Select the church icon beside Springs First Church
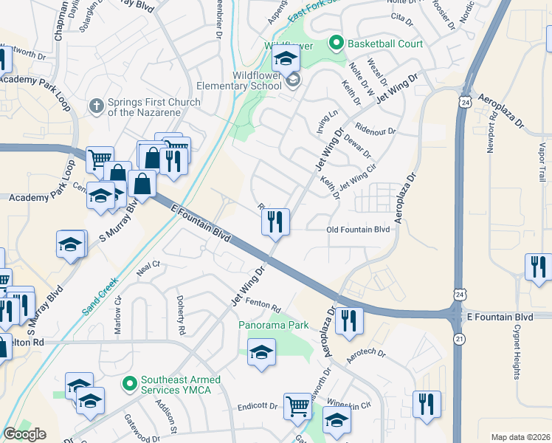point(95,106)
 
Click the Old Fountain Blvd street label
point(358,230)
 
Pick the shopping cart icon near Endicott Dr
point(297,405)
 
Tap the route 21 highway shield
point(459,338)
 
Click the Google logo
point(25,434)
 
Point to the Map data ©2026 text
point(520,437)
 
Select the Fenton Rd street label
point(266,306)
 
